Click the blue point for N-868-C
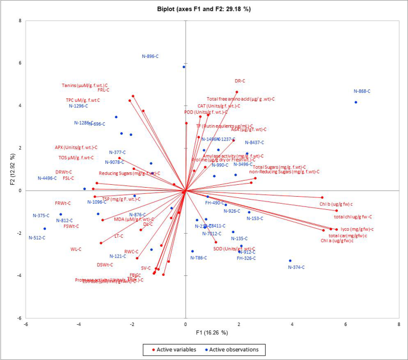click(356, 103)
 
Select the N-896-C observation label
click(150, 57)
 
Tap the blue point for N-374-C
click(290, 260)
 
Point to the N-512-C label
click(37, 238)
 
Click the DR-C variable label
click(240, 81)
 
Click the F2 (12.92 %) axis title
click(8, 169)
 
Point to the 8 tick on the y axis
click(20, 21)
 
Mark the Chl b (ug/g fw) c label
click(336, 204)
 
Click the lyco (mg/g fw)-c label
click(357, 229)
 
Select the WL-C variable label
click(76, 249)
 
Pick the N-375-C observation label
click(41, 215)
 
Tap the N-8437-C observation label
click(254, 142)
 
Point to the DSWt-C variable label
click(105, 265)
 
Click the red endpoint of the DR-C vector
click(236, 92)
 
